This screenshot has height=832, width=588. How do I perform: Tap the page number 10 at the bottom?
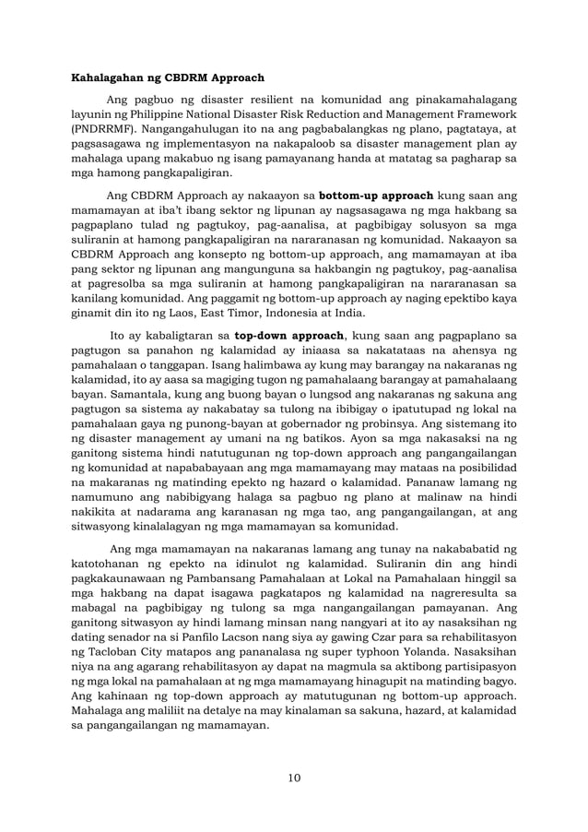point(293,778)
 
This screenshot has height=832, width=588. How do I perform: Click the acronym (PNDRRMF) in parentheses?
point(110,129)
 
